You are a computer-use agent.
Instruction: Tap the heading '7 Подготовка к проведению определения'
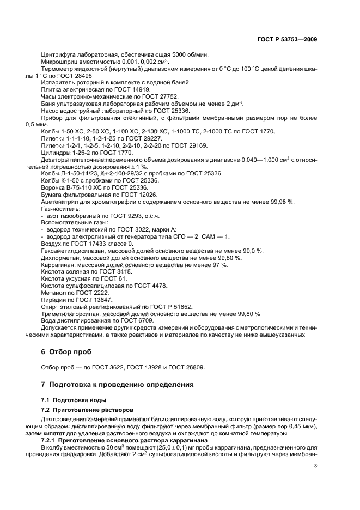coord(118,384)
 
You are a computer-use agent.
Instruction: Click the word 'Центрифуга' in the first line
coord(58,56)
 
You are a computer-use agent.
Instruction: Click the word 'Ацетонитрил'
coord(60,202)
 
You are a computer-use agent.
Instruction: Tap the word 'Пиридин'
coord(54,300)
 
